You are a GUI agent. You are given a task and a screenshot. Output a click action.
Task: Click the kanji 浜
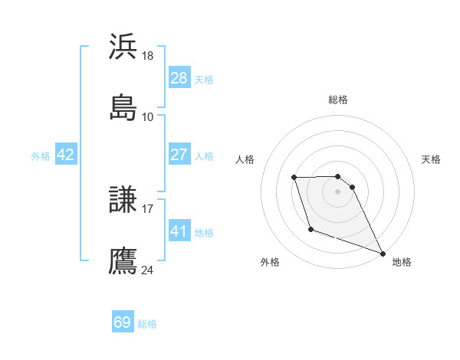click(x=123, y=47)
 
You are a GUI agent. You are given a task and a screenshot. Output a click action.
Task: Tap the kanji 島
click(x=123, y=107)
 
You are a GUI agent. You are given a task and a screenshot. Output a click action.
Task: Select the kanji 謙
click(x=123, y=200)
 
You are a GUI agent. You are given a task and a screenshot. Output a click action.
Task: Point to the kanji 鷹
click(x=123, y=260)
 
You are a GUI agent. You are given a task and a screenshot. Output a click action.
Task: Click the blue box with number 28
click(x=179, y=78)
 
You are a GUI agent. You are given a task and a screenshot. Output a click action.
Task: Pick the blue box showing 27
click(x=179, y=155)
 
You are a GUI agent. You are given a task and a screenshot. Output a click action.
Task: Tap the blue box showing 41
click(x=179, y=231)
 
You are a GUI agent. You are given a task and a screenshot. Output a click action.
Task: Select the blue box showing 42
click(x=66, y=155)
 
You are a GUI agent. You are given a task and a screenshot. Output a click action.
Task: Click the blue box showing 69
click(x=123, y=322)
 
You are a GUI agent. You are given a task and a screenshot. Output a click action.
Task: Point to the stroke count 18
click(x=148, y=56)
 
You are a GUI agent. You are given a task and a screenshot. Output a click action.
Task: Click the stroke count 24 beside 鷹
click(x=148, y=270)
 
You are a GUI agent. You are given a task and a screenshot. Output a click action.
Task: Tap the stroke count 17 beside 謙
click(x=148, y=208)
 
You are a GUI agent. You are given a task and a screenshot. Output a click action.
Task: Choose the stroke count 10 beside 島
click(x=148, y=116)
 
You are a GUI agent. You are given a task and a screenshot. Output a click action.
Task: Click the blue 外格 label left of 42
click(x=41, y=155)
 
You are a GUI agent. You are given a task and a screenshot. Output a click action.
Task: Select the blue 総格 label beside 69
click(x=147, y=323)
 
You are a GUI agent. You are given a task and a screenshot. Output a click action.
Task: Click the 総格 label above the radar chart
click(x=337, y=100)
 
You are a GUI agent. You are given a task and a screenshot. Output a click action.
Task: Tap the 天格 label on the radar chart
click(x=432, y=159)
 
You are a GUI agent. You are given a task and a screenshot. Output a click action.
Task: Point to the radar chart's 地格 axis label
click(x=402, y=262)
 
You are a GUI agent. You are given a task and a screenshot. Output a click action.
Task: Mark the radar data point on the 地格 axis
click(x=383, y=254)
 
